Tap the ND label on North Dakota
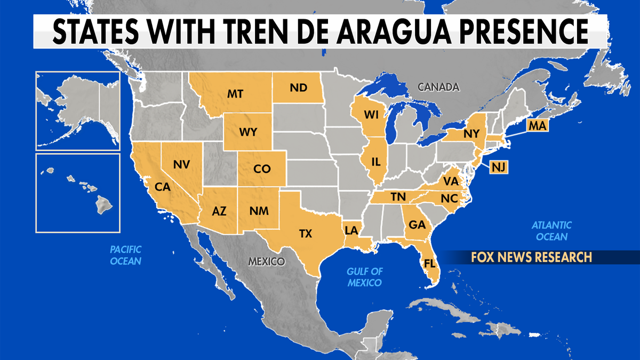pos(298,88)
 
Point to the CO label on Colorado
pos(261,169)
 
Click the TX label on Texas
pos(306,233)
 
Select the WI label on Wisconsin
pos(371,115)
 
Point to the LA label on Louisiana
pos(351,230)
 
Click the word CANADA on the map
pos(438,86)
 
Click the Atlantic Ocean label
pos(551,231)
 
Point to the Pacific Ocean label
pos(126,255)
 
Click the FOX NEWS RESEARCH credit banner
pos(531,257)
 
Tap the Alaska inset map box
pos(78,110)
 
